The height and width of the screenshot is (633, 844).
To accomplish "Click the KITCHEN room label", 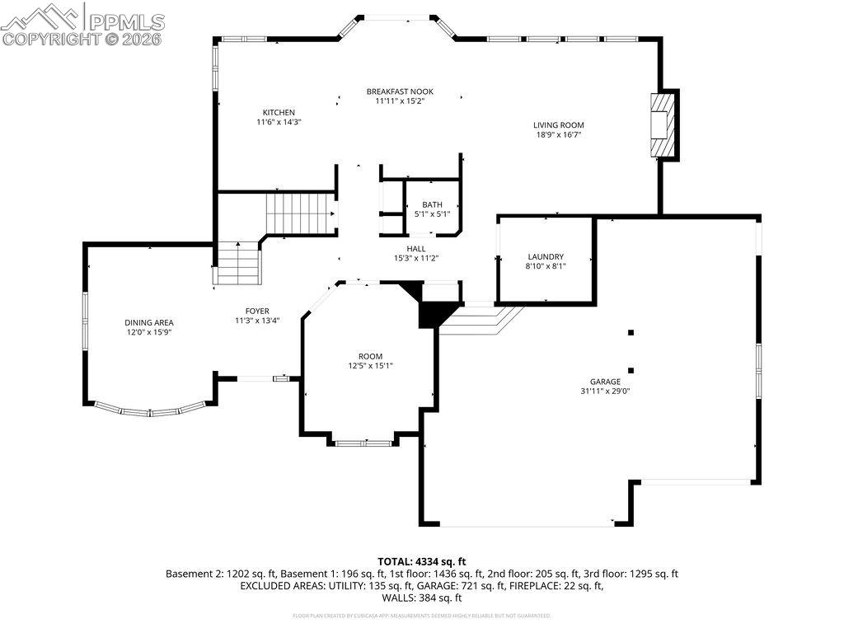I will point(279,113).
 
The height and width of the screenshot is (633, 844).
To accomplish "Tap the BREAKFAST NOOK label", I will point(400,91).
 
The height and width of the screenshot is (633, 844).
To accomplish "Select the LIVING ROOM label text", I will point(558,125).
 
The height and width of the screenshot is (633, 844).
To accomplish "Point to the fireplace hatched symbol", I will point(661,124).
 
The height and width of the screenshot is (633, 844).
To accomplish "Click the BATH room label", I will point(432,205).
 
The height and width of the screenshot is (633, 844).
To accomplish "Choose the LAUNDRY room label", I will point(546,256).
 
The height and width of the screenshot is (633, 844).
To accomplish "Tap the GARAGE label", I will point(604,382).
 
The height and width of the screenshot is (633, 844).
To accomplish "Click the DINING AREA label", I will point(149,322).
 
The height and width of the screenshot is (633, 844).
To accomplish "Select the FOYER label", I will point(256,311).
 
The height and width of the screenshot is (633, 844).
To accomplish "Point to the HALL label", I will point(416,248).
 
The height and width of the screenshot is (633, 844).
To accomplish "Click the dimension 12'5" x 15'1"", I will point(369,366).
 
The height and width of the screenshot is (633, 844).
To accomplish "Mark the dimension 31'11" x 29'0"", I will point(605,392).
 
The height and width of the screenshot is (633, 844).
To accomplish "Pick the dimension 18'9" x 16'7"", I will point(558,135).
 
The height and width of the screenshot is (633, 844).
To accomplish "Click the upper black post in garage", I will point(631,333).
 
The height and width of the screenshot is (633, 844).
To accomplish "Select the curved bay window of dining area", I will point(149,410).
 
